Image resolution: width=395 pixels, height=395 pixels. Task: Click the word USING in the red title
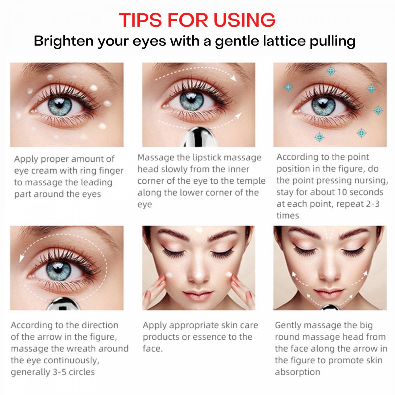[245, 20]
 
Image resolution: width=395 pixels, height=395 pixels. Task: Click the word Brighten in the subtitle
[63, 41]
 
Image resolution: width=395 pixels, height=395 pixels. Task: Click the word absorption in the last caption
[298, 372]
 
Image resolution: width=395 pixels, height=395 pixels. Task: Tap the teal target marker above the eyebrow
[331, 70]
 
